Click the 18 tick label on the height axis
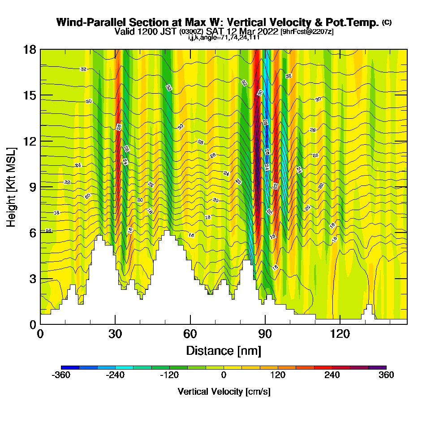(30, 49)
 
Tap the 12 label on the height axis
(30, 141)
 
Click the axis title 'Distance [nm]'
(224, 350)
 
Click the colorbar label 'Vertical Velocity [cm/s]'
(224, 392)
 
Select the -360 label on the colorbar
(61, 375)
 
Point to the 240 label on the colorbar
(332, 375)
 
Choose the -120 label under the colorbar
(169, 375)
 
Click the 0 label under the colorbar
(224, 375)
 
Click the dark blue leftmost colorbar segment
(70, 367)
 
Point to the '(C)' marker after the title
(387, 22)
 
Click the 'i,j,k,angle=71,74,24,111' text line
(224, 38)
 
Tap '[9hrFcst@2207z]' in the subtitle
(307, 32)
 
